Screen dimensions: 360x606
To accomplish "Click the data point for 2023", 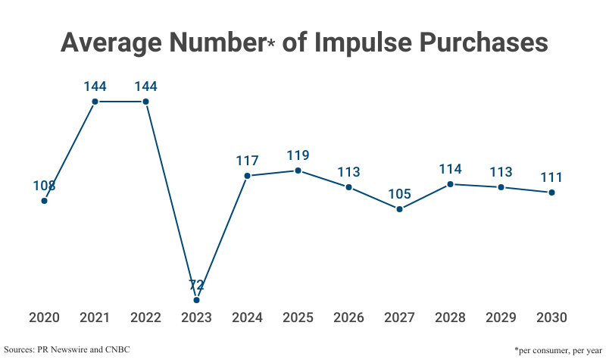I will point(196,300).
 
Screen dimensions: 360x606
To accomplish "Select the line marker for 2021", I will point(95,102).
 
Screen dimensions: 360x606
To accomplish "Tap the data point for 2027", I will point(399,209).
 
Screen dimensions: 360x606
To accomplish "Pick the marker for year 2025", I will point(298,171).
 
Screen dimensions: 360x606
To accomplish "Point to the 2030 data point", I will point(551,193).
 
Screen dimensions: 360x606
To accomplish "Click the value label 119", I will point(298,155).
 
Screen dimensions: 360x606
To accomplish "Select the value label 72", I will point(196,285).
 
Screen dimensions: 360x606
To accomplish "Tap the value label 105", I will point(399,194).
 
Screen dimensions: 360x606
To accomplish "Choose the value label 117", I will point(247,161).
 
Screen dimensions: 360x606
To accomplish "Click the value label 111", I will point(551,177).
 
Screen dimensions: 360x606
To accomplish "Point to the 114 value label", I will point(450,169).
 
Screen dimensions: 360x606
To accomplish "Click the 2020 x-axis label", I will point(44,318).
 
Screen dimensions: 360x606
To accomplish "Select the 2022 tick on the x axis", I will point(145,318).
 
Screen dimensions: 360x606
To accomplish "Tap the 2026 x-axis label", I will point(348,318).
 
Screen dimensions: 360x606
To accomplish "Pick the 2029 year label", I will point(501,318).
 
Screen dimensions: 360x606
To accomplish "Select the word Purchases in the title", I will point(484,42).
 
